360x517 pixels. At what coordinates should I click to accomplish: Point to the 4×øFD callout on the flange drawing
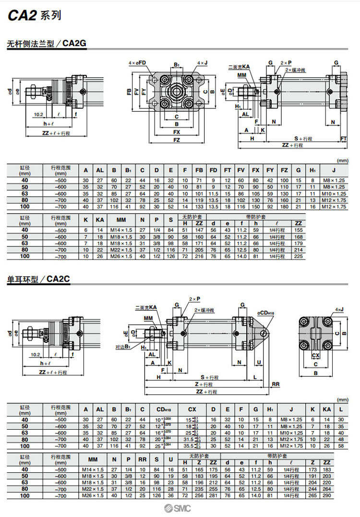click(x=137, y=63)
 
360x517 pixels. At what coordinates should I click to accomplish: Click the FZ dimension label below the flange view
click(x=177, y=140)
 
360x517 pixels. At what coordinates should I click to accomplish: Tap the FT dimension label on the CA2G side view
click(x=344, y=139)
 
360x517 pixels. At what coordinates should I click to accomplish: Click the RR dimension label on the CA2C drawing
click(x=276, y=384)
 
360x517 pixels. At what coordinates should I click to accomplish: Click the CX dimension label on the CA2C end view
click(x=315, y=355)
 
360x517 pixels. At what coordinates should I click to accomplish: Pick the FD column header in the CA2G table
click(x=214, y=170)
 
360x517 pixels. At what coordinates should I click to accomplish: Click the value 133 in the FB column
click(x=199, y=207)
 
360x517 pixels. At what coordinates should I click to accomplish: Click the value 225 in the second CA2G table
click(x=299, y=256)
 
